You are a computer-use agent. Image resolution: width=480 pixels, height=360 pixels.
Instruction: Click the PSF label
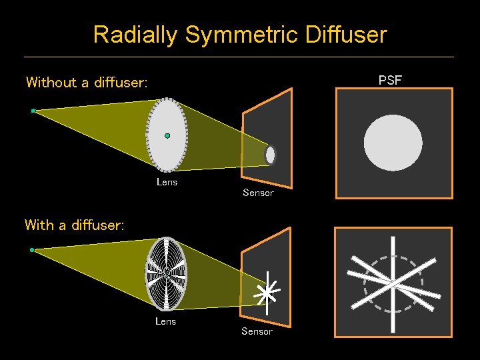[390, 81]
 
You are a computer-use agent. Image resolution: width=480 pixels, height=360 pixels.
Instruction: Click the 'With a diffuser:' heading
[75, 225]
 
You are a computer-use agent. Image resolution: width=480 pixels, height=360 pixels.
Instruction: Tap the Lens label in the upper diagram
[167, 181]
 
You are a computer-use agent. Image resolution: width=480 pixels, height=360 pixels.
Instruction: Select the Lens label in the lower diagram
[165, 321]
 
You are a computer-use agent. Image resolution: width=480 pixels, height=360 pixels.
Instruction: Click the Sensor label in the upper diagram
[258, 193]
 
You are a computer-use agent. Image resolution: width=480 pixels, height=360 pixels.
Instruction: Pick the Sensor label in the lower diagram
[257, 331]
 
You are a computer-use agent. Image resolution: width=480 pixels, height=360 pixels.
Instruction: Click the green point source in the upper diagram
[33, 111]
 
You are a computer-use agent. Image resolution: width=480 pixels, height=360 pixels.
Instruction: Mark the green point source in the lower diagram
[32, 250]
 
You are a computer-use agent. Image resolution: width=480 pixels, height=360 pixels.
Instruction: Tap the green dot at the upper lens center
[167, 135]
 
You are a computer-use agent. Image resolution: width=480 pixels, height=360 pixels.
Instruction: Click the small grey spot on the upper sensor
[270, 155]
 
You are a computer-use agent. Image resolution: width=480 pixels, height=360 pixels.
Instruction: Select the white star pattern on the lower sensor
[267, 292]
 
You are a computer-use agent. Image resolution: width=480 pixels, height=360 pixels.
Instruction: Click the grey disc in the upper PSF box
[393, 143]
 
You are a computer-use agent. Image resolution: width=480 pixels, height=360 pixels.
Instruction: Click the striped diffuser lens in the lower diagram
[166, 273]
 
